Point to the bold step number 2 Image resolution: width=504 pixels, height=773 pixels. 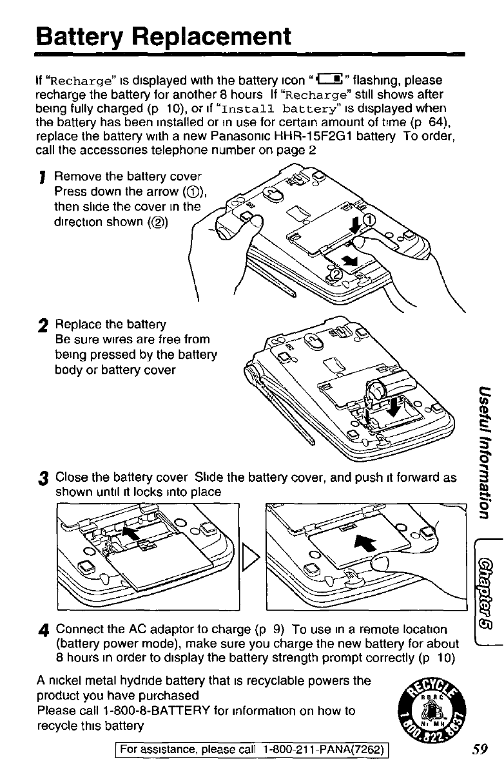point(43,325)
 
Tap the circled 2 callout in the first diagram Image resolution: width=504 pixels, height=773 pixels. point(336,274)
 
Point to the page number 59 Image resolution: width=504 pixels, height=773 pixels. point(478,749)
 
